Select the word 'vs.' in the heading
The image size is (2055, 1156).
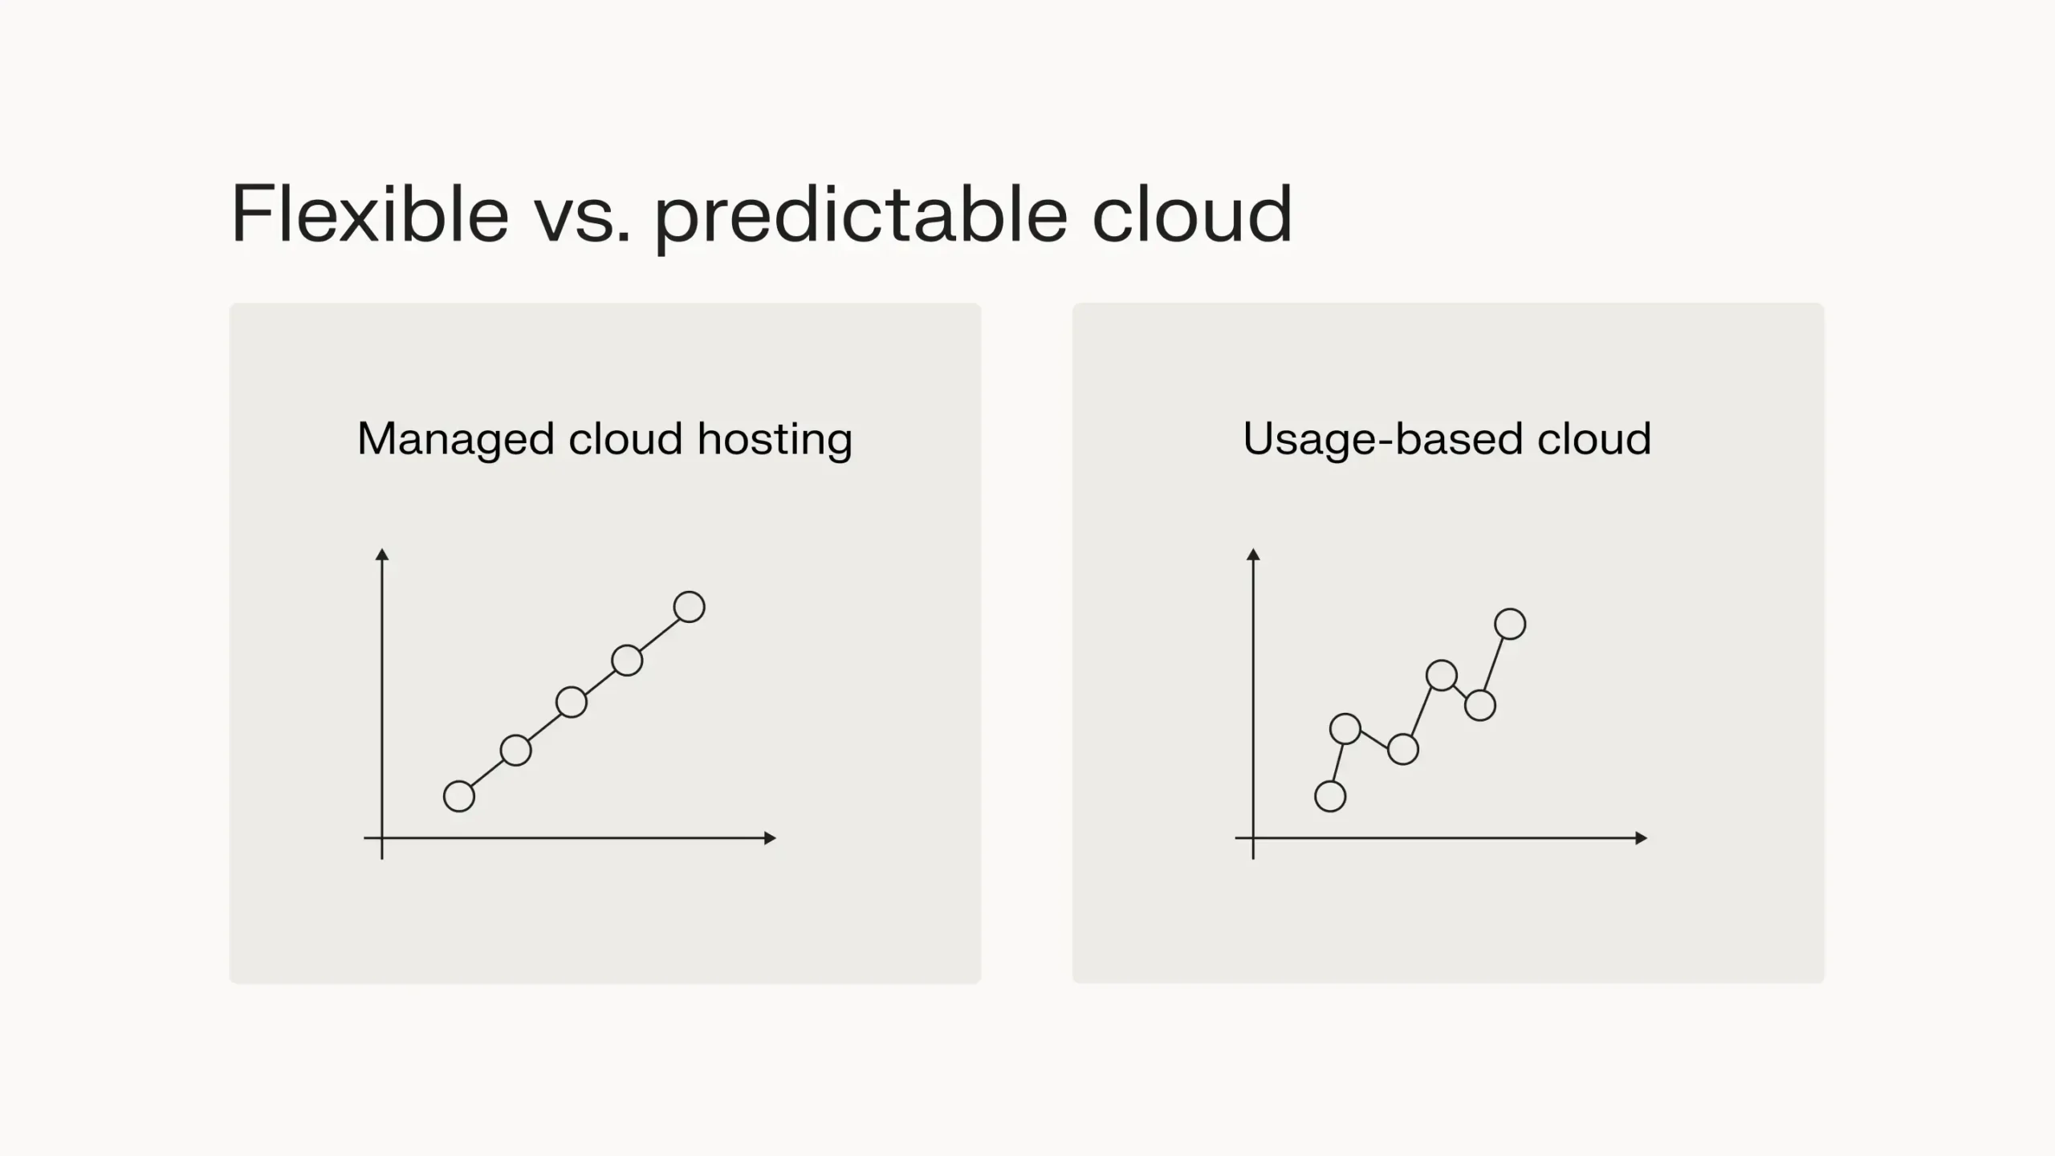click(583, 215)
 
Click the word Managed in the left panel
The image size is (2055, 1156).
click(456, 439)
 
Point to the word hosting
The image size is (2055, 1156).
click(775, 439)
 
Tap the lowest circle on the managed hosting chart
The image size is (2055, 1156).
click(459, 796)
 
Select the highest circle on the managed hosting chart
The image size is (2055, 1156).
click(689, 607)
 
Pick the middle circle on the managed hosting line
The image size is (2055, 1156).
click(572, 702)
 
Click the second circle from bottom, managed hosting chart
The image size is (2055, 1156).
click(515, 750)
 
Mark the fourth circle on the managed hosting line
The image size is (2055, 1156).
click(627, 660)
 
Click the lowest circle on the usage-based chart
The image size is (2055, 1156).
click(1330, 796)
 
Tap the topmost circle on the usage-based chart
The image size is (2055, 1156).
click(1510, 624)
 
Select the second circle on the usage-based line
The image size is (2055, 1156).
click(1345, 729)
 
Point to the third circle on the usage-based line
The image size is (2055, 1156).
click(1403, 749)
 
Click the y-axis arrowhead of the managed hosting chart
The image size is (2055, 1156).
click(382, 555)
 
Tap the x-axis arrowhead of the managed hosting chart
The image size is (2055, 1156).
click(770, 838)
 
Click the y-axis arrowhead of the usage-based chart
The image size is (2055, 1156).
click(1253, 555)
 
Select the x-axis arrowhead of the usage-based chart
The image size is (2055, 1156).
click(1641, 838)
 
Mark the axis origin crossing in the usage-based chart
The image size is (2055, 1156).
click(1253, 838)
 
